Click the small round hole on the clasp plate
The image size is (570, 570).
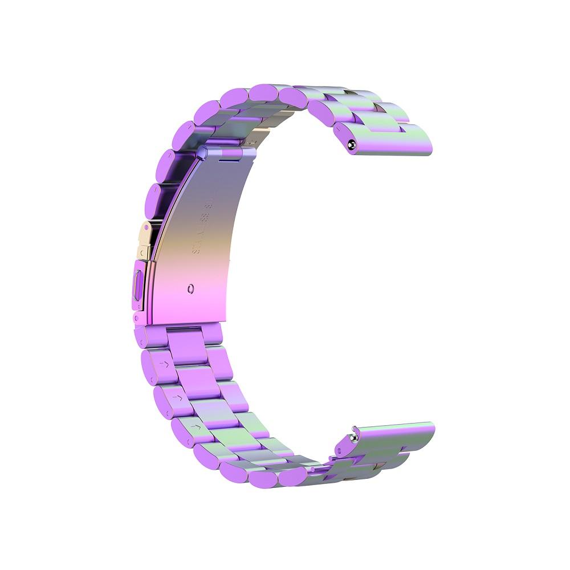190,288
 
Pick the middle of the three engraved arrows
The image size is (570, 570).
178,396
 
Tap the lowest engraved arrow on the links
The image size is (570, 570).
197,426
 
